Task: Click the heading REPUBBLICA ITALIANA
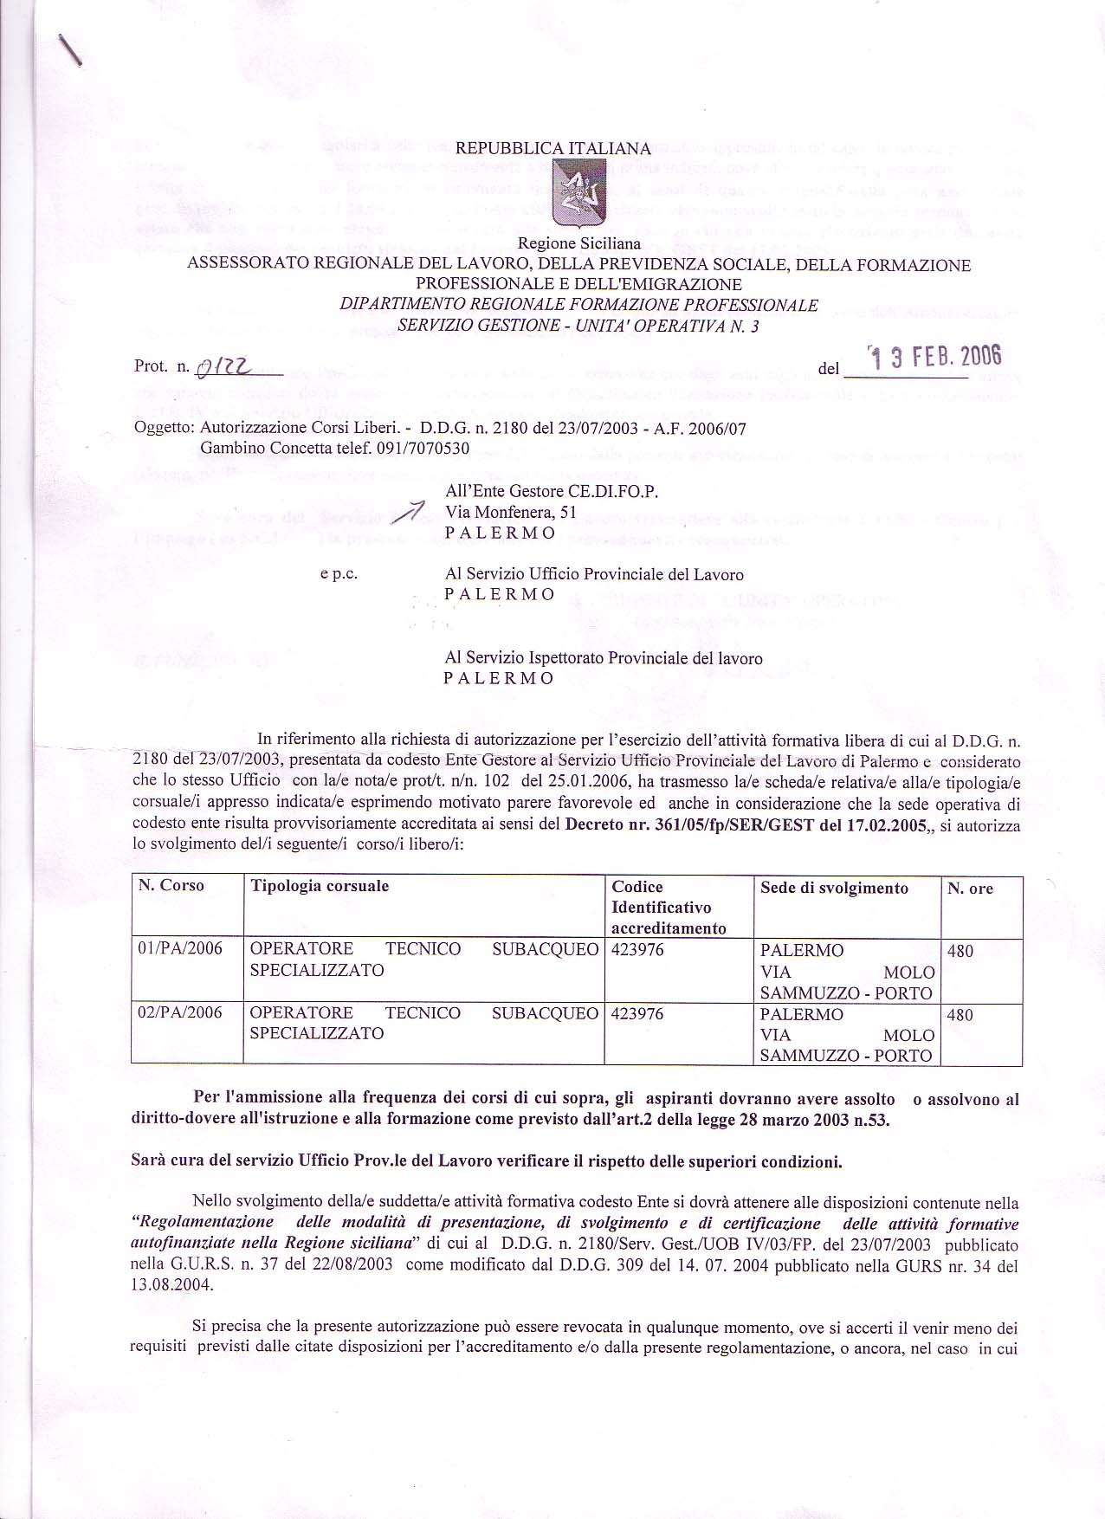pos(552,148)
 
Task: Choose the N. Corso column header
pos(171,886)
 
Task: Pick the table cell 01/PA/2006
pos(180,949)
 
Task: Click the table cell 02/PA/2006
pos(180,1012)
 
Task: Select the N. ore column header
pos(970,889)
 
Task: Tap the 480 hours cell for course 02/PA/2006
pos(960,1014)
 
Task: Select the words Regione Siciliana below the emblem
pos(578,245)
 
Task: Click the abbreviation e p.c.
pos(339,574)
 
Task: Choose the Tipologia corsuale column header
pos(319,886)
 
